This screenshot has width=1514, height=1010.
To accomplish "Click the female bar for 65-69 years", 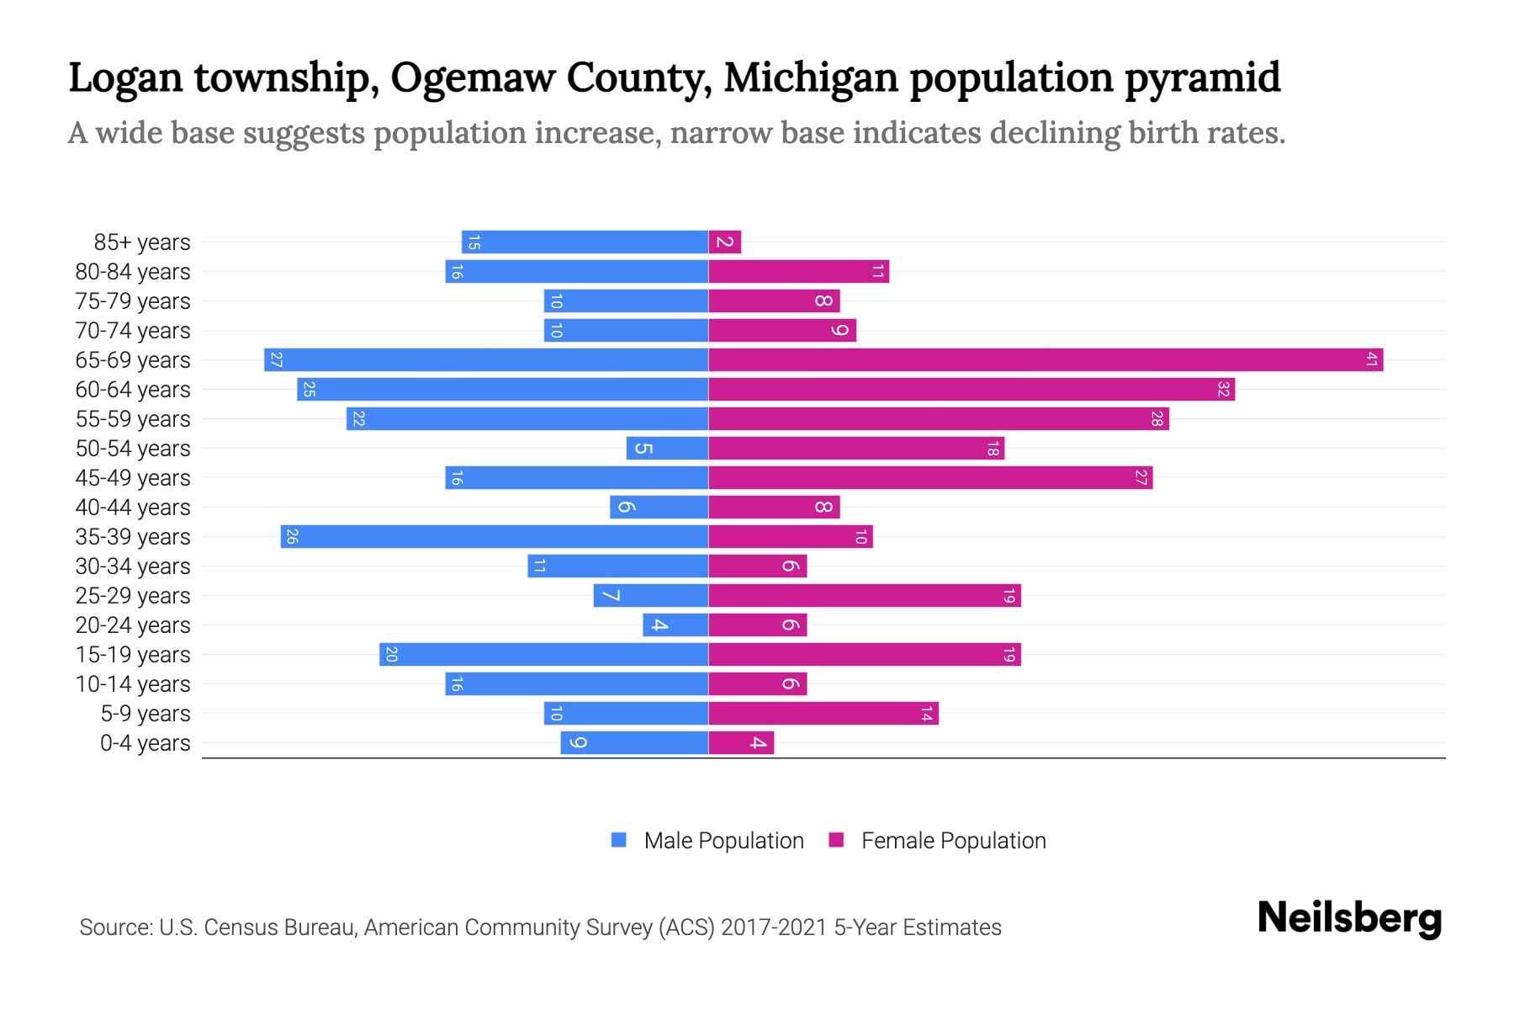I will (1046, 360).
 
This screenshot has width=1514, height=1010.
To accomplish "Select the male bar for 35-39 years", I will (495, 537).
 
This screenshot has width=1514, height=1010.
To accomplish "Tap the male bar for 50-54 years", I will (667, 449).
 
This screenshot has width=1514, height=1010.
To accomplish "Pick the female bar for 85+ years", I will (725, 242).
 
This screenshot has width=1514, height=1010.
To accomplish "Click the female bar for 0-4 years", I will (741, 743).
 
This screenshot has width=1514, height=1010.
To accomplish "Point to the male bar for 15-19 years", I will (543, 655).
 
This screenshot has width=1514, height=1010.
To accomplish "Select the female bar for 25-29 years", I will (865, 596).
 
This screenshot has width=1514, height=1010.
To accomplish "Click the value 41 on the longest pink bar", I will (1371, 360).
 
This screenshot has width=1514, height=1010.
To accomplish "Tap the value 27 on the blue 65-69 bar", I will (276, 360).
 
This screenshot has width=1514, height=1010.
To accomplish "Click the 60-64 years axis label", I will (133, 390).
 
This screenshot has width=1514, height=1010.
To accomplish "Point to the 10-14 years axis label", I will (133, 684).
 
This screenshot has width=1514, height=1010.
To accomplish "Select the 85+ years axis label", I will (142, 242).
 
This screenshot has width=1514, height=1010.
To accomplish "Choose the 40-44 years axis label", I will (133, 508).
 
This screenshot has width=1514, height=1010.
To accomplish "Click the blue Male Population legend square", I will (619, 840).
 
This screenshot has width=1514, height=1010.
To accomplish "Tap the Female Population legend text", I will (953, 841).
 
